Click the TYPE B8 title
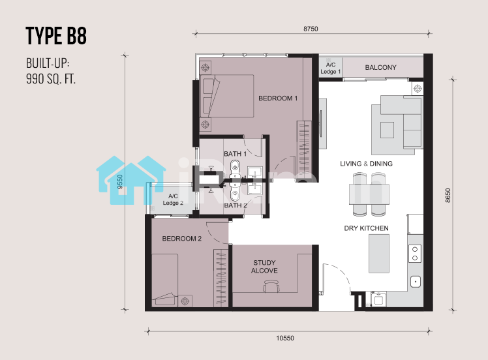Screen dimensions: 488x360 click(x=56, y=36)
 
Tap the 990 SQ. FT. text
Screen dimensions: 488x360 click(x=51, y=79)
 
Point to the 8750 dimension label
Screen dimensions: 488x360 click(x=311, y=29)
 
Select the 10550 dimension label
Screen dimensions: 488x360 click(x=285, y=338)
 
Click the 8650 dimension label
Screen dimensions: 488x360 click(x=448, y=196)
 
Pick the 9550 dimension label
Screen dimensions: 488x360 click(x=120, y=181)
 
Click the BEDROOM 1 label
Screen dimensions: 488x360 click(x=278, y=98)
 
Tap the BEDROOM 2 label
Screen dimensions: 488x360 click(x=182, y=239)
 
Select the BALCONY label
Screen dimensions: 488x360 click(x=380, y=68)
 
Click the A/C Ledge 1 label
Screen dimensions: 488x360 click(x=331, y=68)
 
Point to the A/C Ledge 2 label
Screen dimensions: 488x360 click(x=173, y=200)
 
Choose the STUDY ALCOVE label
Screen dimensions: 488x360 click(x=264, y=267)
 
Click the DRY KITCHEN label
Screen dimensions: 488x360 click(x=366, y=228)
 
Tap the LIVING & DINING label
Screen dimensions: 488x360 click(x=366, y=164)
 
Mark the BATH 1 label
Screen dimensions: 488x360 click(x=236, y=154)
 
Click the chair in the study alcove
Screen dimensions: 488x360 click(x=271, y=286)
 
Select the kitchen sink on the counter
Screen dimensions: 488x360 click(x=416, y=282)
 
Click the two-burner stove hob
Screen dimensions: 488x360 click(x=415, y=254)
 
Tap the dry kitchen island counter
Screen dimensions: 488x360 click(x=379, y=254)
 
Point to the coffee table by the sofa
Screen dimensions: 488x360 click(x=387, y=130)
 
